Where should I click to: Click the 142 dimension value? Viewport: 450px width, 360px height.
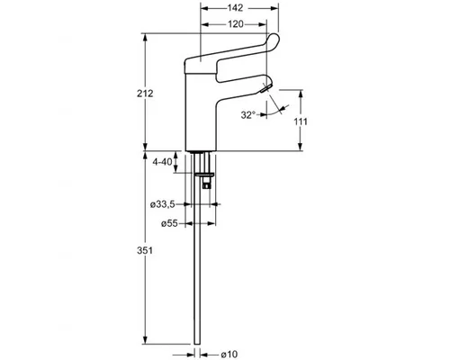point(235,8)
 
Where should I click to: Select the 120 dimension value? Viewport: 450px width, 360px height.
point(236,24)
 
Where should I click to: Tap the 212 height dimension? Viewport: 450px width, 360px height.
point(145,94)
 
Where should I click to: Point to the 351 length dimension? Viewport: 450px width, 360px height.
point(145,250)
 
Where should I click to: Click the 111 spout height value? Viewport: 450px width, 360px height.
point(301,121)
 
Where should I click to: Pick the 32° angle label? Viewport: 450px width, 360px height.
point(248,115)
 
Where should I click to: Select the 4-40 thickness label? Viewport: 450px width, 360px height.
point(162,162)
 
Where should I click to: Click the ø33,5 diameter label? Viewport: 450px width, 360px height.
point(162,204)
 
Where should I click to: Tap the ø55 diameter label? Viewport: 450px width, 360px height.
point(169,223)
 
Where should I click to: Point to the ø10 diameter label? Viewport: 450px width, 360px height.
point(229,355)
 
